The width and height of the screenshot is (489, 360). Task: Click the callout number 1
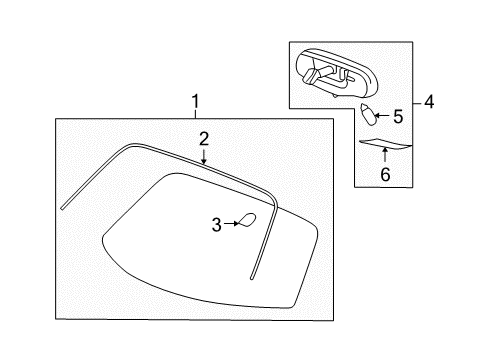coord(195,101)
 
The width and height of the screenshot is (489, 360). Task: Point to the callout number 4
coord(428,101)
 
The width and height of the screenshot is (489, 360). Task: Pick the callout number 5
coord(397,115)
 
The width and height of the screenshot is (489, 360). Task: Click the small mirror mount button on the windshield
coord(246,221)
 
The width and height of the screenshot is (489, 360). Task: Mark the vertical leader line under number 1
coord(195,113)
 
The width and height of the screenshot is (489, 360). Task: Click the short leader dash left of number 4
coord(415,101)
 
